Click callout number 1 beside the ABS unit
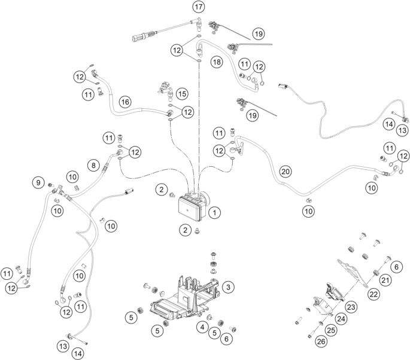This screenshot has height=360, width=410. [x=215, y=211]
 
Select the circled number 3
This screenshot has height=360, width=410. [x=227, y=288]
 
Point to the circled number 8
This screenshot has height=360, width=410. [x=92, y=164]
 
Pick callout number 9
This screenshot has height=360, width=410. [x=39, y=182]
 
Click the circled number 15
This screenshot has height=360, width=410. [x=181, y=93]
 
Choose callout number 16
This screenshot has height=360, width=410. [x=124, y=102]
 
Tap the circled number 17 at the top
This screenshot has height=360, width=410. [x=198, y=7]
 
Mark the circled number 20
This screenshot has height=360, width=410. [x=286, y=171]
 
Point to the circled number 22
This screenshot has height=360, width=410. [x=373, y=294]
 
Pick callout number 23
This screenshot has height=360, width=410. [x=351, y=306]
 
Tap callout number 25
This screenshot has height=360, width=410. [x=329, y=330]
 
